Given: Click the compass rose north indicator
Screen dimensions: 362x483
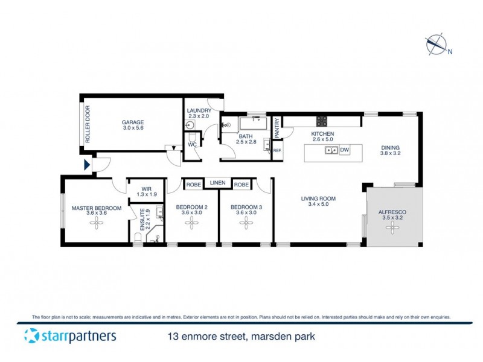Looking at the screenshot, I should (x=436, y=45).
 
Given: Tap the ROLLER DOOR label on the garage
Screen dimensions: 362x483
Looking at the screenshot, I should (x=88, y=124).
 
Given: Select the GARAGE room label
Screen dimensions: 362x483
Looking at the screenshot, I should (x=133, y=122).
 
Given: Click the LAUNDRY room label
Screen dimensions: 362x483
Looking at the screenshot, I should (x=199, y=110).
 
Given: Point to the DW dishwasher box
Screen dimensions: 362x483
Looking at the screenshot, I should (x=345, y=150).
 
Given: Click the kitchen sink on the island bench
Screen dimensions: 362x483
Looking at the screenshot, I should (x=330, y=150).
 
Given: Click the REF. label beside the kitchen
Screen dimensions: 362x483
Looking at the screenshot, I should (x=278, y=150).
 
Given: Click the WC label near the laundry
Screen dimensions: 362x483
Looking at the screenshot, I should (x=191, y=145).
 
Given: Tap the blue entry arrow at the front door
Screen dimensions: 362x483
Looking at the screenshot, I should (x=88, y=164).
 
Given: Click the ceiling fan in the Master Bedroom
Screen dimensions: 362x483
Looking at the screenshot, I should (x=97, y=222).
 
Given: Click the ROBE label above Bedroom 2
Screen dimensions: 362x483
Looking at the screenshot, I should (x=193, y=184).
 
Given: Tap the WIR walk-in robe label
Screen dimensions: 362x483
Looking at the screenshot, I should (x=146, y=188).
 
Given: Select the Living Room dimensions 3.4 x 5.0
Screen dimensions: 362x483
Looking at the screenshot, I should (x=319, y=205).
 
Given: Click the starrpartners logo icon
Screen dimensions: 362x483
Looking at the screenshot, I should (x=32, y=335).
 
